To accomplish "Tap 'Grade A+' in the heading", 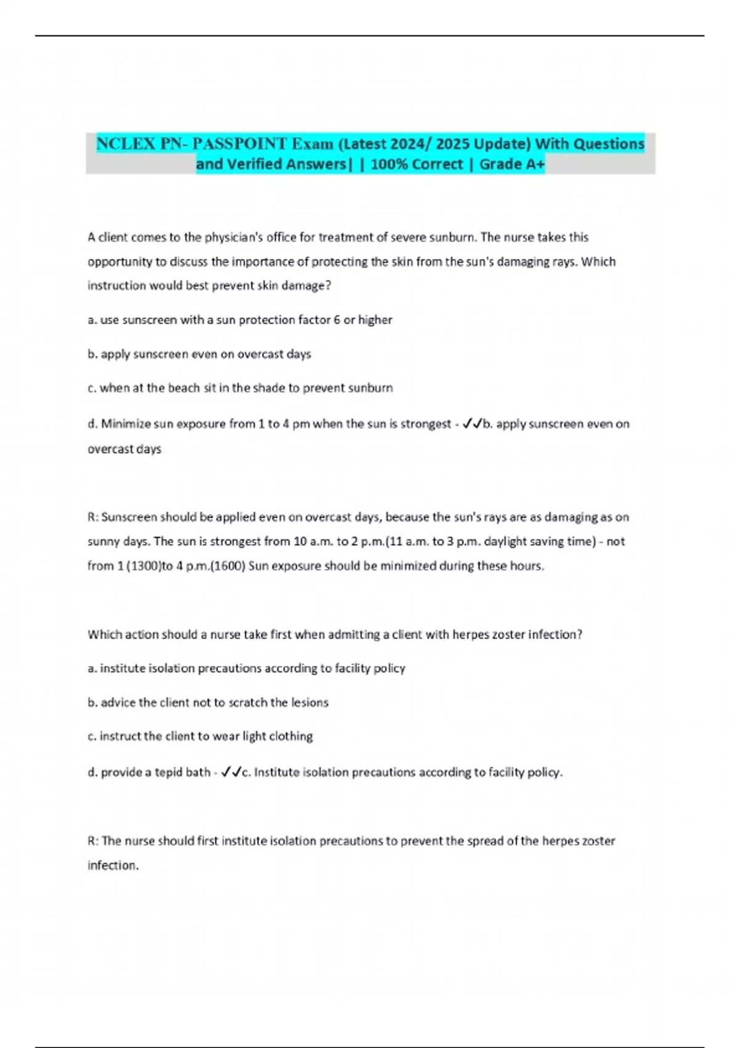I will pyautogui.click(x=512, y=164).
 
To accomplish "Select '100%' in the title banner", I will pyautogui.click(x=387, y=164).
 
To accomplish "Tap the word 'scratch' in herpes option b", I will pyautogui.click(x=248, y=702).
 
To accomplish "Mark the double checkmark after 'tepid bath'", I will pyautogui.click(x=231, y=771).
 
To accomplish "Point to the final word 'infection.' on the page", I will pyautogui.click(x=113, y=865).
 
